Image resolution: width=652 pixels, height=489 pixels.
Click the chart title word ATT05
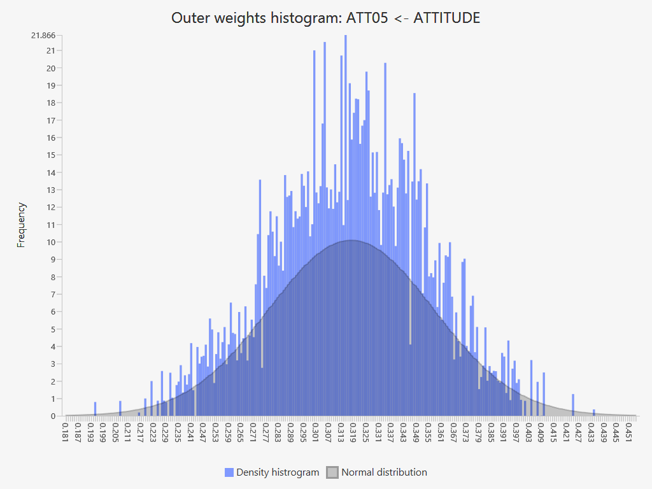coord(365,18)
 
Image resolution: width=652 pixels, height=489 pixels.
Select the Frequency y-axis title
coord(22,225)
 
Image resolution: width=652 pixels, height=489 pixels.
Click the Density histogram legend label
coord(278,472)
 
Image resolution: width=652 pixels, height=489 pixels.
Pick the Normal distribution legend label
coord(384,472)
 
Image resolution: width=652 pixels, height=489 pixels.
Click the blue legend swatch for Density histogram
coord(229,472)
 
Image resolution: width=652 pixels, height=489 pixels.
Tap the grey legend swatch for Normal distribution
coord(332,472)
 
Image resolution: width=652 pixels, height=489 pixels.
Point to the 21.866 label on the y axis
coord(43,35)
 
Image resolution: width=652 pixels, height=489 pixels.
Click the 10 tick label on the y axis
coord(51,242)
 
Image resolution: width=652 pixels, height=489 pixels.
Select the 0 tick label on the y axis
coord(53,416)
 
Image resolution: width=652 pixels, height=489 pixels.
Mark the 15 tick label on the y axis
coord(51,155)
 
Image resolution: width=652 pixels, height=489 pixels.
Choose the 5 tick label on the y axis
coord(53,329)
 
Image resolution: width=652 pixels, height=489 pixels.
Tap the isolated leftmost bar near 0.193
coord(95,409)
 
